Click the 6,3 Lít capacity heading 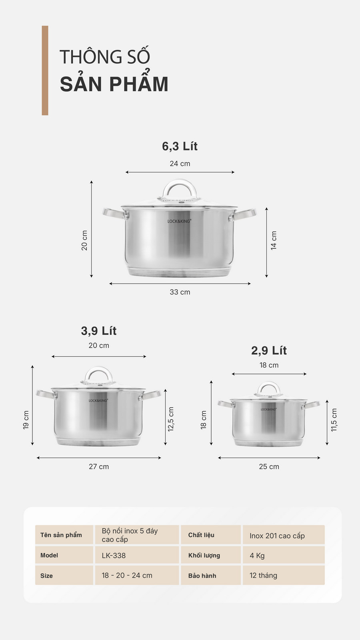click(x=180, y=146)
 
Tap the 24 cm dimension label click(x=180, y=164)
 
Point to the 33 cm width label click(x=180, y=292)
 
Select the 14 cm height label click(x=274, y=240)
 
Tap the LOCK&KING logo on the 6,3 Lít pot click(x=179, y=221)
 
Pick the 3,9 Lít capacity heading click(x=98, y=331)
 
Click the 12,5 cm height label click(x=171, y=419)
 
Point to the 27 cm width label click(x=98, y=466)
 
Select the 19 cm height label click(x=26, y=420)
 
